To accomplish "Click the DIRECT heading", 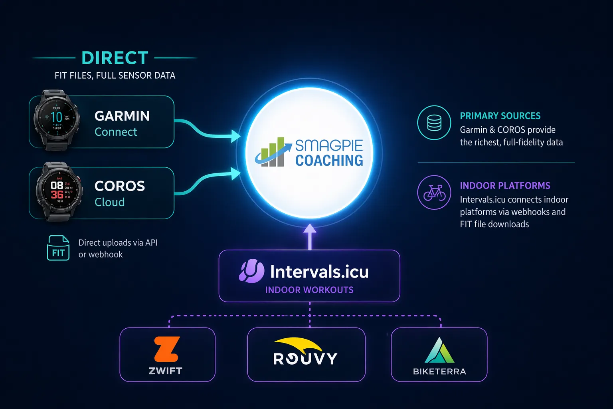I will pos(115,58).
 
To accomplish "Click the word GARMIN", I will pos(122,116).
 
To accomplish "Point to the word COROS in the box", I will pos(120,186).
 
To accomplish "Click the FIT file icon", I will pos(58,248).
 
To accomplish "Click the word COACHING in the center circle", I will pos(329,161).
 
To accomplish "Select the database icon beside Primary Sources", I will pos(434,123).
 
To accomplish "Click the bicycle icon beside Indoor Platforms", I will pos(434,193).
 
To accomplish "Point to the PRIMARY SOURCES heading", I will pos(500,116).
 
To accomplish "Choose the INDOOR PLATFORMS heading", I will pos(505,186).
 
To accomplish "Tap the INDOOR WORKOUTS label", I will pos(309,290).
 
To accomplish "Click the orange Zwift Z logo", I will pos(166,349).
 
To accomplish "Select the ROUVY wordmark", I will pos(306,359).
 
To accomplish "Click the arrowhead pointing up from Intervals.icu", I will pos(310,229).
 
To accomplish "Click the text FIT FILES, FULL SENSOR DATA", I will pos(115,75).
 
